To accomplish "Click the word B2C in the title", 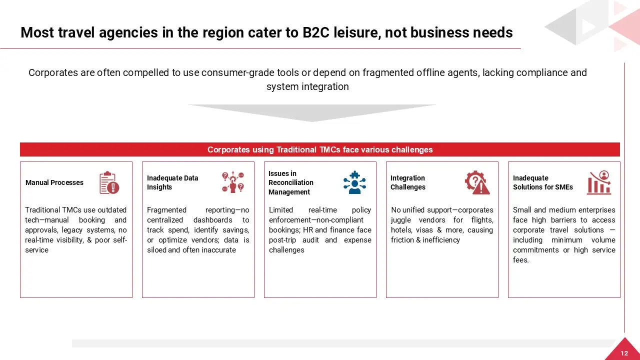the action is pyautogui.click(x=315, y=32).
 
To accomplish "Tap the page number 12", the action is pyautogui.click(x=624, y=353).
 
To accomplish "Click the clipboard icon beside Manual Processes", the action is pyautogui.click(x=109, y=182).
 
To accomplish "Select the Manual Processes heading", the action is pyautogui.click(x=54, y=182).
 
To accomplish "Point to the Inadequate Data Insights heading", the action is pyautogui.click(x=172, y=182).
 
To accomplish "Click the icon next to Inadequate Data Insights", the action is pyautogui.click(x=233, y=182).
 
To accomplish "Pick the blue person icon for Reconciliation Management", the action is pyautogui.click(x=354, y=182).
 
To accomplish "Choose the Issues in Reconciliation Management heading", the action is pyautogui.click(x=291, y=182).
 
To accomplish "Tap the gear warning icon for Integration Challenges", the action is pyautogui.click(x=477, y=182).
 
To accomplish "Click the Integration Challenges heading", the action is pyautogui.click(x=407, y=182).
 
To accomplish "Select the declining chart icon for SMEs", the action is pyautogui.click(x=599, y=182).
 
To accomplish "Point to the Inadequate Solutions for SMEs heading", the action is pyautogui.click(x=543, y=182).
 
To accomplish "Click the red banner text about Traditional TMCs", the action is pyautogui.click(x=320, y=149).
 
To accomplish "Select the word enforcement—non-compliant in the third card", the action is pyautogui.click(x=316, y=220).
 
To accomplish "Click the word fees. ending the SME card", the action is pyautogui.click(x=520, y=260).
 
